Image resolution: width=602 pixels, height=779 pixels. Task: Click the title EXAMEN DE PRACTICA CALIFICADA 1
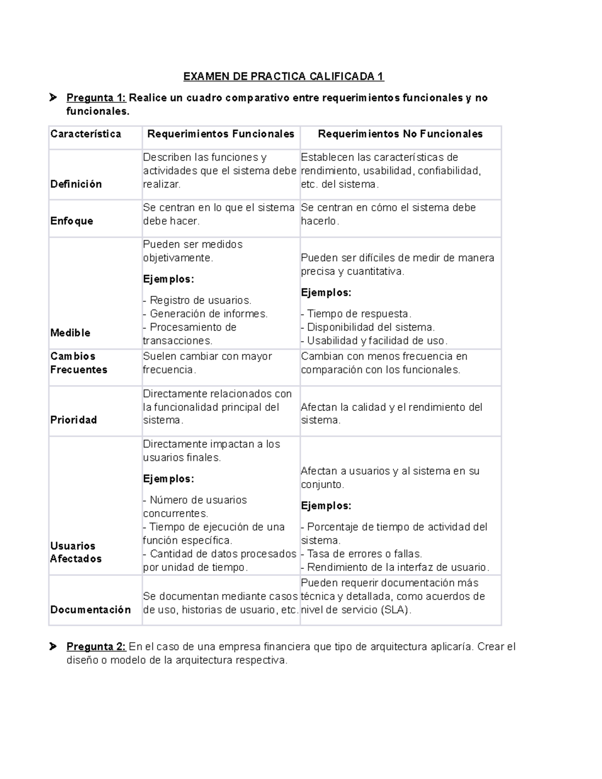pos(283,76)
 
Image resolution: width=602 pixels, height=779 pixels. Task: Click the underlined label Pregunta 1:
pos(96,98)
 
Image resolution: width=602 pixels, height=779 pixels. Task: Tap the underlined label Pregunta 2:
pos(96,647)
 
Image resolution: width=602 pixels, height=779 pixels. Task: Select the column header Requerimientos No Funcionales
pos(400,134)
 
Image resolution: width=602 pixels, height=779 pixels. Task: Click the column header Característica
pos(86,134)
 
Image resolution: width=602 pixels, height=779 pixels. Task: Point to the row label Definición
pos(76,184)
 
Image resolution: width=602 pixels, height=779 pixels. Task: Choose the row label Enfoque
pos(72,221)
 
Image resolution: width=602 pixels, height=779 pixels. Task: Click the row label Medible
pos(70,333)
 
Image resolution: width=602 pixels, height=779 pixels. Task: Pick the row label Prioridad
pos(73,420)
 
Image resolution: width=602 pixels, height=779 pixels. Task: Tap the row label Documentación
pos(90,610)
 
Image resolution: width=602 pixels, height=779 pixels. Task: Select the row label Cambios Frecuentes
pos(79,363)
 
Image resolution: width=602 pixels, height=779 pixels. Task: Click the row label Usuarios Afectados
pos(75,552)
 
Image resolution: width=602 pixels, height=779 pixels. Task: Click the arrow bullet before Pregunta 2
pos(53,647)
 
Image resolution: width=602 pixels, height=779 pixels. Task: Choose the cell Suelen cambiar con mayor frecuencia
pos(207,363)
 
